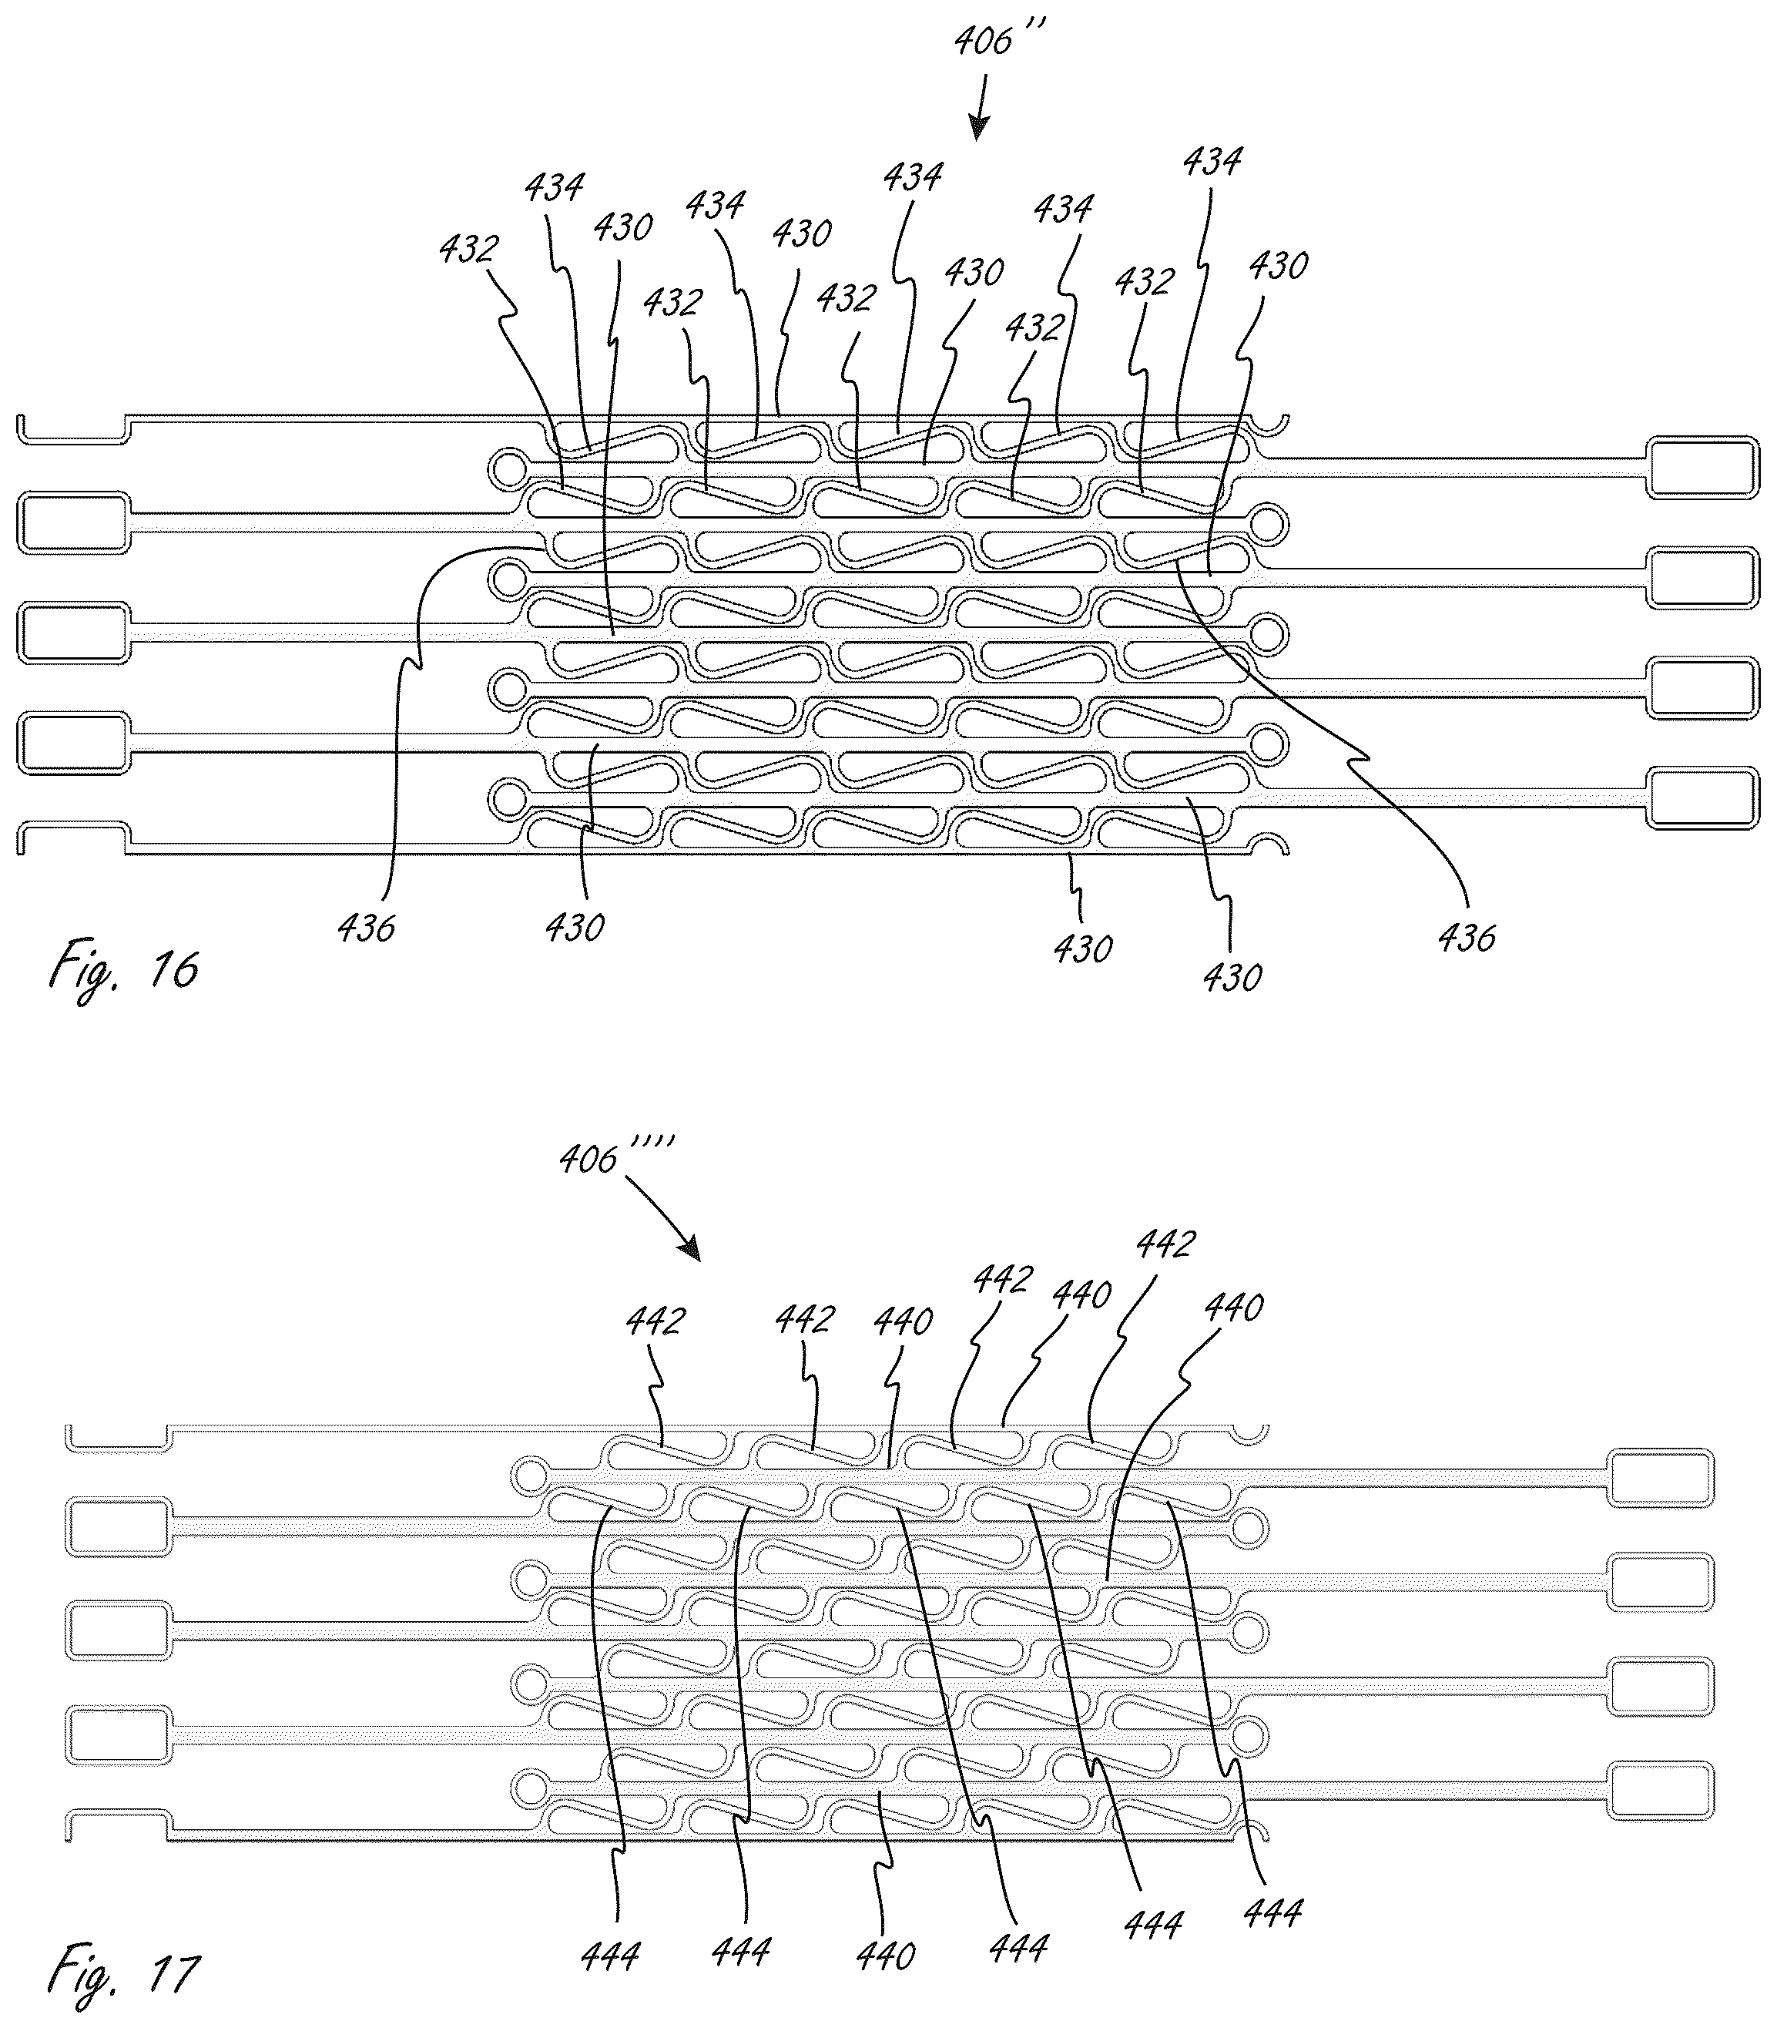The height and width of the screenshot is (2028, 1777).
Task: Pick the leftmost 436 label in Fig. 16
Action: point(366,927)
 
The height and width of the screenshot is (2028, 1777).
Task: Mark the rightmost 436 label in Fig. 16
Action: point(1467,937)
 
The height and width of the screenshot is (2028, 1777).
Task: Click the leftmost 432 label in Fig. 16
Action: point(469,249)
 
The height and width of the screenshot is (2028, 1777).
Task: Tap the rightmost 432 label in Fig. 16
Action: point(1145,282)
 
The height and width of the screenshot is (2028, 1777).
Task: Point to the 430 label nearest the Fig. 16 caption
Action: point(575,927)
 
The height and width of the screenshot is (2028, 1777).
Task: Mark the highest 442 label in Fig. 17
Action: point(1166,1244)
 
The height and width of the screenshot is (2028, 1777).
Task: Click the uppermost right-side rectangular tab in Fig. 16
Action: point(1702,467)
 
